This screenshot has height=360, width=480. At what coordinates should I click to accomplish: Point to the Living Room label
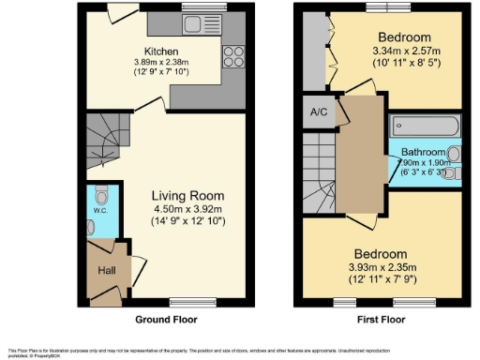[188, 196]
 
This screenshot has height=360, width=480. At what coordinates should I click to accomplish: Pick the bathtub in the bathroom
[425, 126]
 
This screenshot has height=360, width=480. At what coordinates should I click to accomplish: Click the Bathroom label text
[423, 152]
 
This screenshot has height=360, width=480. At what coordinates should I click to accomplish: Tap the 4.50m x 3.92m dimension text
[188, 210]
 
